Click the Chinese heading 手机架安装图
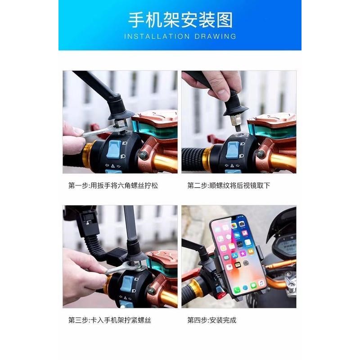180,20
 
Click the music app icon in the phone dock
261,283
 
